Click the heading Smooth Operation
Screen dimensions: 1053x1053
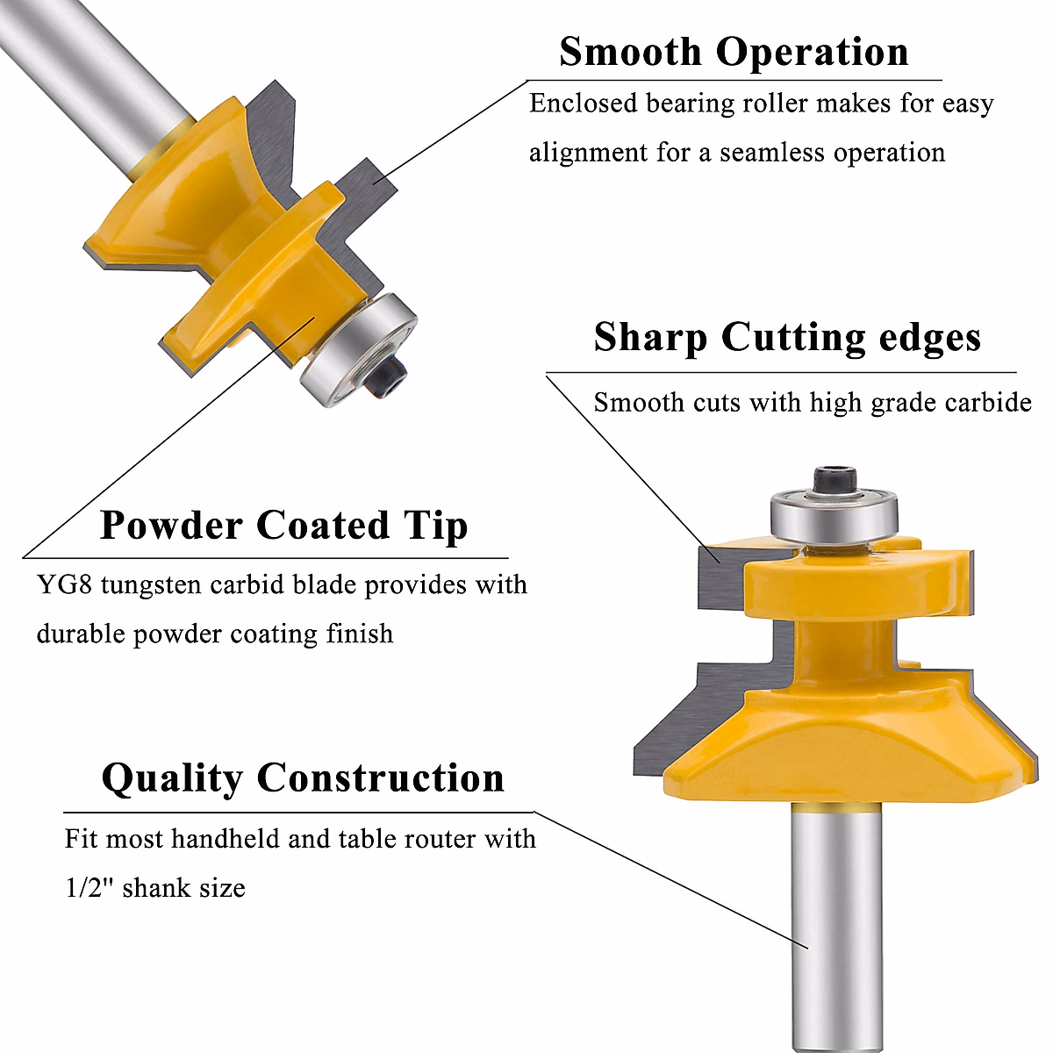[x=734, y=52]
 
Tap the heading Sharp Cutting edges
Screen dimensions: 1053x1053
[x=787, y=338]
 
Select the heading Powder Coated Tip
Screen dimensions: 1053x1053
[x=283, y=526]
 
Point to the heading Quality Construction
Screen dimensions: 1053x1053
[x=303, y=778]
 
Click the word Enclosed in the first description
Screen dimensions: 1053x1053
[x=583, y=104]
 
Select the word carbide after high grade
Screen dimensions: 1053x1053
[x=988, y=403]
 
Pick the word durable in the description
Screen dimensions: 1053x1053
[x=81, y=634]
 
